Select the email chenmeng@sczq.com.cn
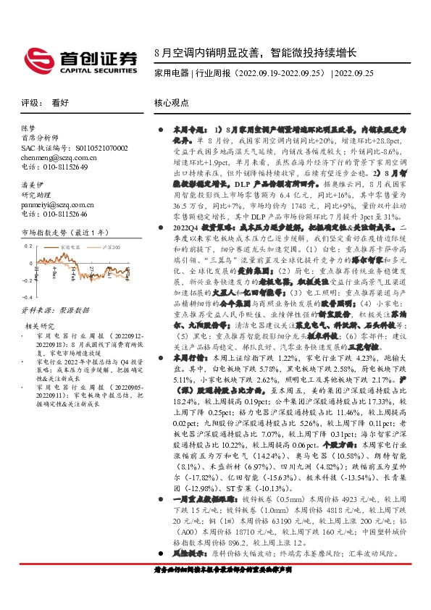point(54,157)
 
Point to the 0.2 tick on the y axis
point(28,246)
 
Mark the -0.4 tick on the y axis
point(27,297)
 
